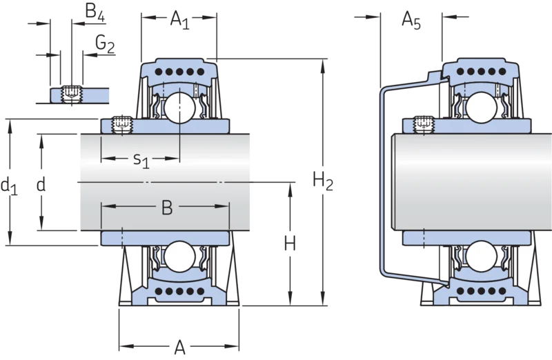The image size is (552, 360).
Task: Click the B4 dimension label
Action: pyautogui.click(x=95, y=12)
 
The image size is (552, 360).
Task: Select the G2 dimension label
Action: pyautogui.click(x=105, y=45)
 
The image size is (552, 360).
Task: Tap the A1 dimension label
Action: pyautogui.click(x=179, y=20)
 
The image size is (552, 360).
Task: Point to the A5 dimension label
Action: pyautogui.click(x=411, y=21)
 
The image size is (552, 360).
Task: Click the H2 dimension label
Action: pyautogui.click(x=323, y=181)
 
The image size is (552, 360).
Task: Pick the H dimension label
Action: pyautogui.click(x=290, y=243)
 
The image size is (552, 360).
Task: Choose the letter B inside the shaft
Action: pyautogui.click(x=167, y=208)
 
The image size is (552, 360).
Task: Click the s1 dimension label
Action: pyautogui.click(x=141, y=161)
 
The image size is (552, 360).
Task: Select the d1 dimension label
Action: pyautogui.click(x=9, y=186)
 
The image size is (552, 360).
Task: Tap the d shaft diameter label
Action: pyautogui.click(x=41, y=184)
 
